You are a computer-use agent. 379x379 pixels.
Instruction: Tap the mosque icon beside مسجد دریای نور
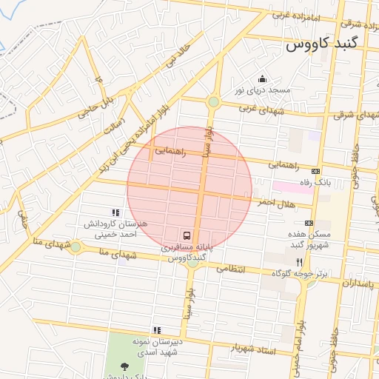coord(261,79)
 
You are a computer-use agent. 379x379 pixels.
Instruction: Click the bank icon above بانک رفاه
coord(315,171)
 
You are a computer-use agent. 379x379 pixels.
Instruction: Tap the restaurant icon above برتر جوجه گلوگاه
coord(299,262)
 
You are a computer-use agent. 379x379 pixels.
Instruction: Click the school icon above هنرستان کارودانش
coord(114,212)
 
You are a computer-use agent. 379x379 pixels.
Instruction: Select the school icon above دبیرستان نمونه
coord(157,330)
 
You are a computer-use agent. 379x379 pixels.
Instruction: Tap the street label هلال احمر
coord(276,203)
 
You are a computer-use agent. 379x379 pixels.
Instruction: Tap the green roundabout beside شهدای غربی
coord(213,101)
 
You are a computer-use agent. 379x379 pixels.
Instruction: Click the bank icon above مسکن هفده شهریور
coord(308,223)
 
